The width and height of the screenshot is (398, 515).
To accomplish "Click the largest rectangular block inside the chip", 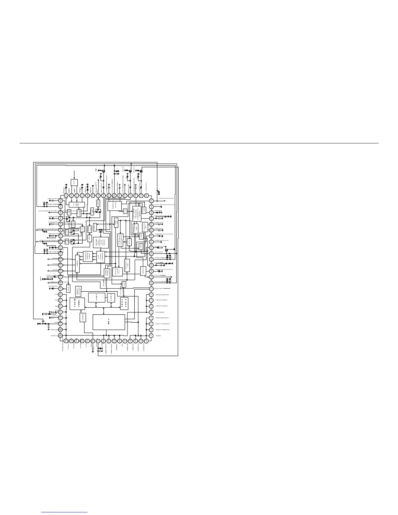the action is [x=109, y=322].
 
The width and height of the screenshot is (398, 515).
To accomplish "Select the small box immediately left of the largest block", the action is [x=83, y=317].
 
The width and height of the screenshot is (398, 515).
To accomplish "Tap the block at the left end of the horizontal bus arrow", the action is [x=77, y=303].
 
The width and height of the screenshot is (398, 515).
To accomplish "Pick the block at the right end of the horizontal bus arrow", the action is [x=124, y=303].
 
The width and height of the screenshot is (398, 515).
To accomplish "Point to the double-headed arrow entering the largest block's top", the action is [x=103, y=311].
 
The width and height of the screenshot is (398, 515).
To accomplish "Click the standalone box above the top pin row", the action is [x=74, y=183].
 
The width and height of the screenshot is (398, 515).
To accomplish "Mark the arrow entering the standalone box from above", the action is [x=74, y=174].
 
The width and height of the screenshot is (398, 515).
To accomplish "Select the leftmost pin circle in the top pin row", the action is [x=66, y=195].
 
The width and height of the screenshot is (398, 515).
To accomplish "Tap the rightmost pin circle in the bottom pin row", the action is [x=146, y=341].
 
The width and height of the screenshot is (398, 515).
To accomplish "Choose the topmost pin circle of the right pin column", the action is [x=151, y=201].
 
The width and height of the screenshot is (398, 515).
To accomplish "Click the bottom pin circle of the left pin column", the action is [x=60, y=336].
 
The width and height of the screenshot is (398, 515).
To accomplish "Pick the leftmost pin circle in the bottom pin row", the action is [x=66, y=341].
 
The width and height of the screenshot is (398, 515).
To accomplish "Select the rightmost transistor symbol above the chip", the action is [x=141, y=171].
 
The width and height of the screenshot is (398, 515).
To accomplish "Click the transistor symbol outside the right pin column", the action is [x=166, y=250].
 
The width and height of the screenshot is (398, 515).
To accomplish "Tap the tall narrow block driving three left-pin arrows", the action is [x=77, y=264].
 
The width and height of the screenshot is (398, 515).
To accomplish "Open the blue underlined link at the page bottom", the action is [x=65, y=512].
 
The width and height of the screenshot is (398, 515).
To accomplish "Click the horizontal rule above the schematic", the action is [x=199, y=143].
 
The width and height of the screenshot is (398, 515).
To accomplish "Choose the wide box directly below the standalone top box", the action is [x=77, y=205].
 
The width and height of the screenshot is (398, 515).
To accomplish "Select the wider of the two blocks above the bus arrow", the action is [x=97, y=297].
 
